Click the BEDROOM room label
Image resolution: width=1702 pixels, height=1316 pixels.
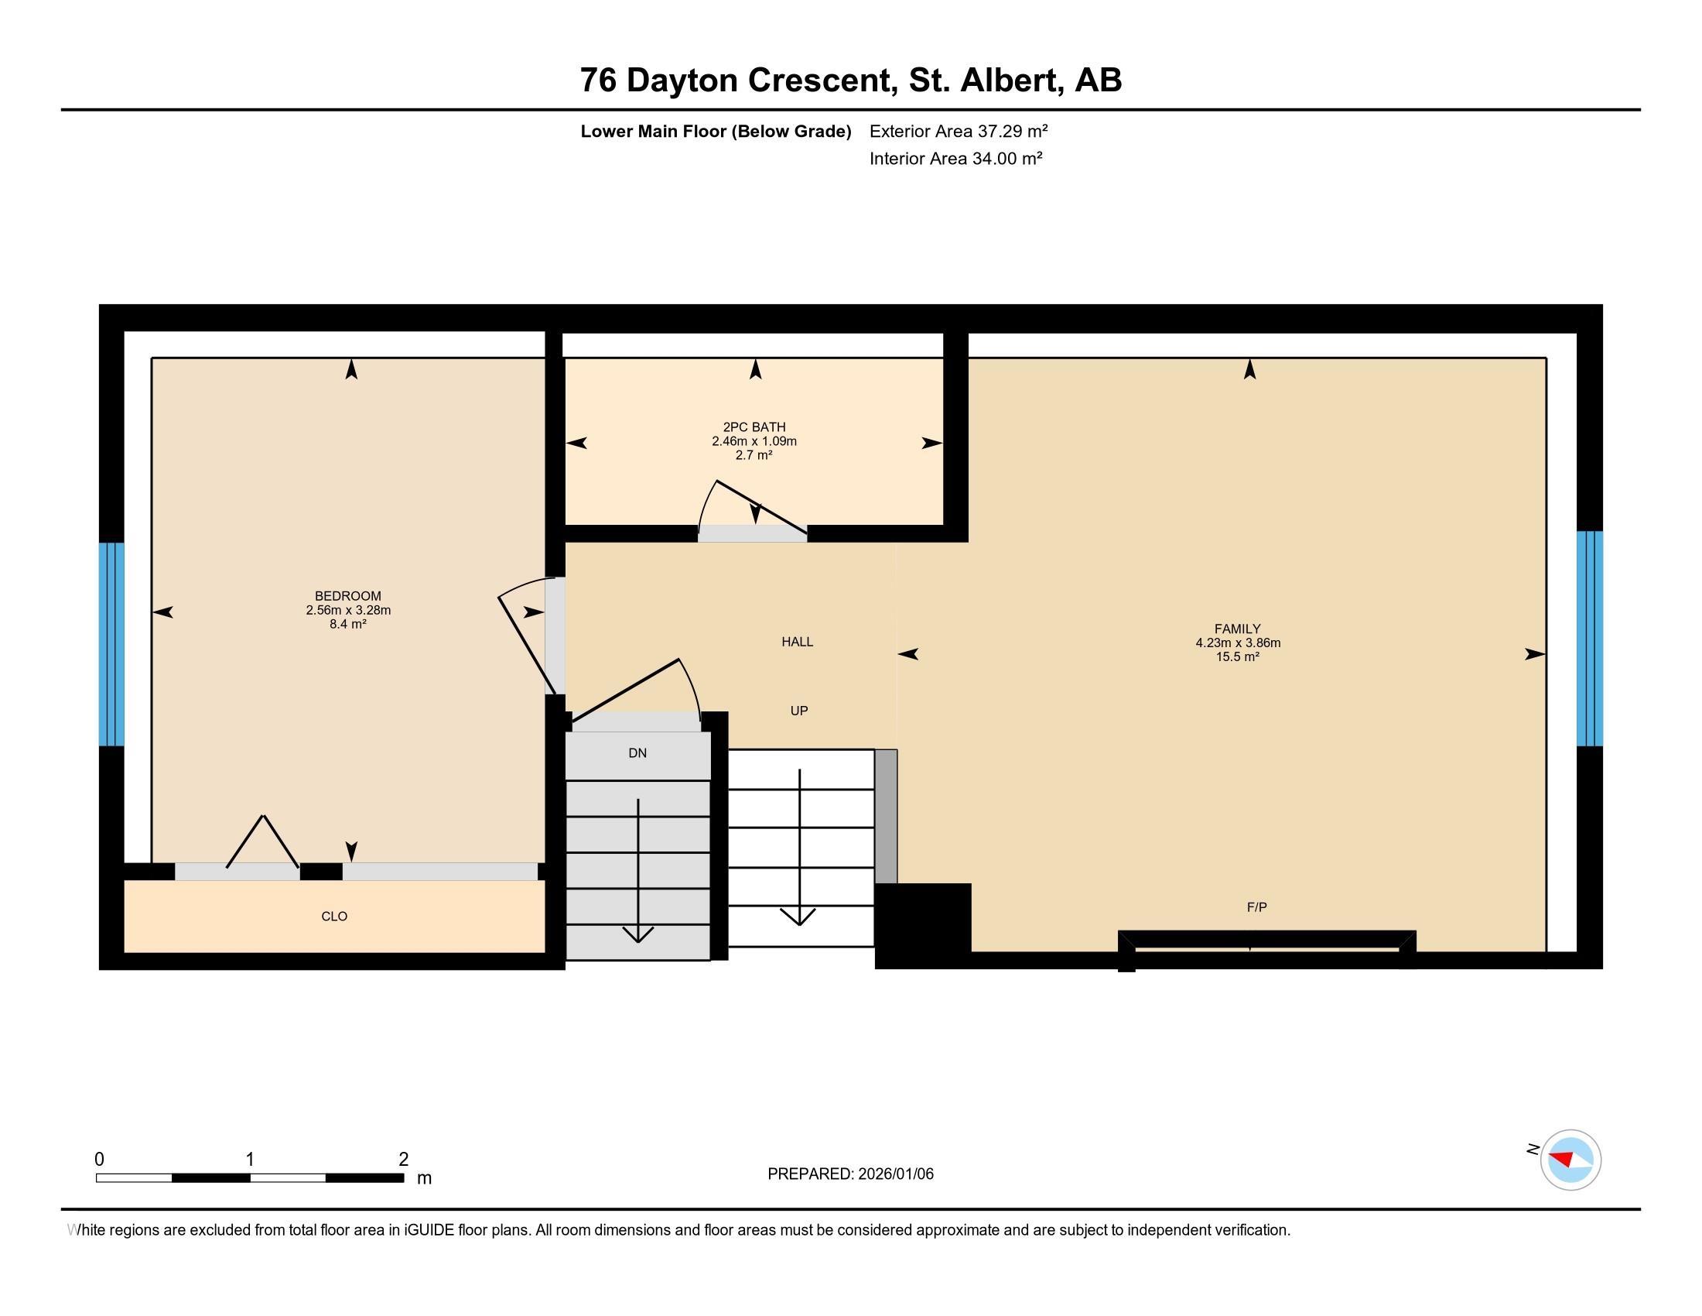pyautogui.click(x=347, y=595)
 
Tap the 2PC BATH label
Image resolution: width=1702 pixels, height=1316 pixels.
pyautogui.click(x=754, y=427)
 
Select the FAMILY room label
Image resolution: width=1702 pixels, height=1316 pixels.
pyautogui.click(x=1237, y=629)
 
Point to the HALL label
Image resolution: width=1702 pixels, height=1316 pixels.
pyautogui.click(x=797, y=642)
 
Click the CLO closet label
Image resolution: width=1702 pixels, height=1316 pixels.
pyautogui.click(x=334, y=916)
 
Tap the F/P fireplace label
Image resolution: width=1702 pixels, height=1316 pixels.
pyautogui.click(x=1256, y=906)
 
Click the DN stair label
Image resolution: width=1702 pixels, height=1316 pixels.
pyautogui.click(x=637, y=753)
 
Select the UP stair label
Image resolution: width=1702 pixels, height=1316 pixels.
pyautogui.click(x=799, y=711)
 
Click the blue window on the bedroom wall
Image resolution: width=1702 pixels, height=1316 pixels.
pyautogui.click(x=111, y=644)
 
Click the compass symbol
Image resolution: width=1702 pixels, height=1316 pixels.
pyautogui.click(x=1570, y=1160)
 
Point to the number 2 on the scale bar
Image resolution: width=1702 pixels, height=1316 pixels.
pyautogui.click(x=403, y=1159)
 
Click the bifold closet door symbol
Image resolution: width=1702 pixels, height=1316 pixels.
pyautogui.click(x=263, y=842)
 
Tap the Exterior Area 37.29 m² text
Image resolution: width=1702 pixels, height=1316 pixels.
pyautogui.click(x=958, y=131)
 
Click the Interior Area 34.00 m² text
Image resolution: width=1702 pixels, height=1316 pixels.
pyautogui.click(x=955, y=158)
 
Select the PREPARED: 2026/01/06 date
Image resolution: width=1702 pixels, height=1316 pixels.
pyautogui.click(x=850, y=1174)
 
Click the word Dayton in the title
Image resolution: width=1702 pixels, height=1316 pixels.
pyautogui.click(x=681, y=81)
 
